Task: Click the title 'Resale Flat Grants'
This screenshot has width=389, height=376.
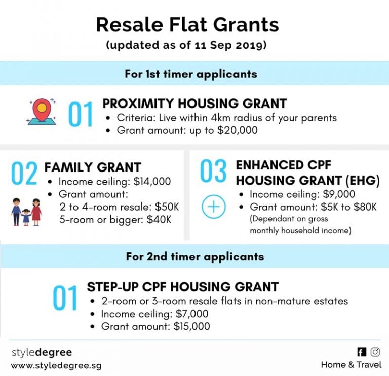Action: pyautogui.click(x=194, y=24)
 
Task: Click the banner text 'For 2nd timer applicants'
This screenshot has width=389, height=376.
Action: pyautogui.click(x=194, y=256)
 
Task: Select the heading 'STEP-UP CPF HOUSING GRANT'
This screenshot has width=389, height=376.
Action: pyautogui.click(x=182, y=287)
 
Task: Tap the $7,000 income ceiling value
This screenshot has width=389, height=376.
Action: pyautogui.click(x=190, y=314)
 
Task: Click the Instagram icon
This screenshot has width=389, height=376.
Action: pyautogui.click(x=375, y=352)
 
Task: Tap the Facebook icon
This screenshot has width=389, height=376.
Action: pyautogui.click(x=362, y=352)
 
